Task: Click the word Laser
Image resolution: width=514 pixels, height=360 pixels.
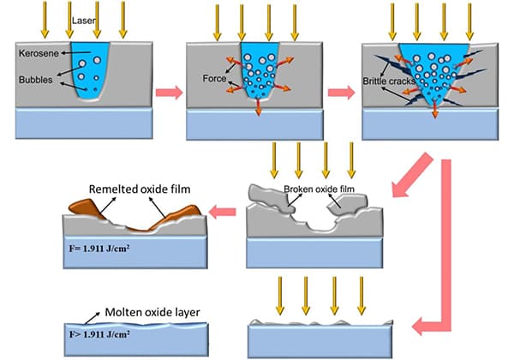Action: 84,21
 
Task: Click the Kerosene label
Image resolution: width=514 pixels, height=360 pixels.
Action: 39,53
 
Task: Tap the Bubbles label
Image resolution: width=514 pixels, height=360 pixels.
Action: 36,80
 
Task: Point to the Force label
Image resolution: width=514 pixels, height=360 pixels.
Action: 214,78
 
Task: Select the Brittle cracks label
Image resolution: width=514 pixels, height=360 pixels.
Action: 389,81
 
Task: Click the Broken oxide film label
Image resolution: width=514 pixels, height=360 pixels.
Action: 319,189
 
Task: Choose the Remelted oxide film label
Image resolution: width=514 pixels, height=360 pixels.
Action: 140,189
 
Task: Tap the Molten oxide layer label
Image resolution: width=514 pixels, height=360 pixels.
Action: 152,312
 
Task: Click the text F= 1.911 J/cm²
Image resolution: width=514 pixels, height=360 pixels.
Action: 99,249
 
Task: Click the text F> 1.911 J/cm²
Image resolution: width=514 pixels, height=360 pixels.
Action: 99,334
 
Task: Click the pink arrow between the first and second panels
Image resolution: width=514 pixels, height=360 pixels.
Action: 169,93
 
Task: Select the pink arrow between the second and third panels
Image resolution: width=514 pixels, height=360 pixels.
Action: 342,93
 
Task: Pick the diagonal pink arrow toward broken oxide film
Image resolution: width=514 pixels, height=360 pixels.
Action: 412,176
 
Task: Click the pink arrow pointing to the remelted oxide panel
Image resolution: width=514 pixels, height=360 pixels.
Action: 222,212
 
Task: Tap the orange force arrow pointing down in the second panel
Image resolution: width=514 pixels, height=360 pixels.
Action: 259,106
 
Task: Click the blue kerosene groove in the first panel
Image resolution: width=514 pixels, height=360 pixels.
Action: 90,71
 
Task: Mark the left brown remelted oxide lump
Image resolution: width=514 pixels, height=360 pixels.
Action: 85,208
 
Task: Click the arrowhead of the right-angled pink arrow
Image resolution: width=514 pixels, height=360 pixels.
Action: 418,327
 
